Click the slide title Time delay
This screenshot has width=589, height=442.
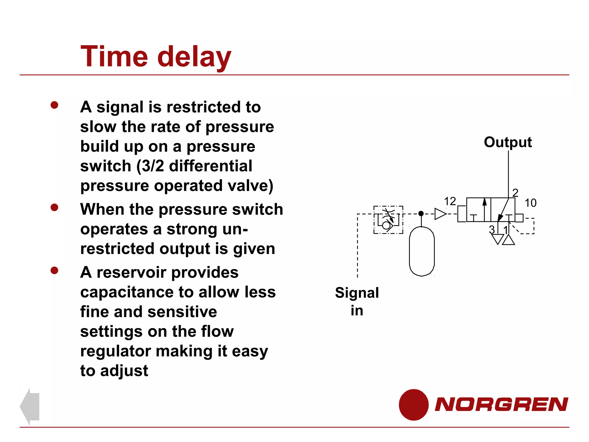[156, 57]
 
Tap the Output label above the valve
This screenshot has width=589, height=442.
[508, 142]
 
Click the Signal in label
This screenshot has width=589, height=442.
[357, 301]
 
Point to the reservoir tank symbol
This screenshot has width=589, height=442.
[422, 252]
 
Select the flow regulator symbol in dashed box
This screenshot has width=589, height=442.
[388, 220]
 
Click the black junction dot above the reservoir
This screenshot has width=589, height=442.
[421, 214]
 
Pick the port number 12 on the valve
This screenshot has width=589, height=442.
[450, 201]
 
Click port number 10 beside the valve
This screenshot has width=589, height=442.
[530, 203]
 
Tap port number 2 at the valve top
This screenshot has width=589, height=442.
[515, 192]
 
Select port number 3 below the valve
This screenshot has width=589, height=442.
[492, 230]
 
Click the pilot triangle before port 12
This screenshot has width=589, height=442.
[440, 214]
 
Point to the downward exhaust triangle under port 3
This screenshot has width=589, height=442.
[497, 239]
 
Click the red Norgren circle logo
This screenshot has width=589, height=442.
[414, 405]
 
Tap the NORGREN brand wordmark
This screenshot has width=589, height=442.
[501, 404]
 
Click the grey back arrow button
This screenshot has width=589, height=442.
[30, 406]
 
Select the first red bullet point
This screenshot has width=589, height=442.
[54, 105]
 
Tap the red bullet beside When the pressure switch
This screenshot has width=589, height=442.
[54, 207]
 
